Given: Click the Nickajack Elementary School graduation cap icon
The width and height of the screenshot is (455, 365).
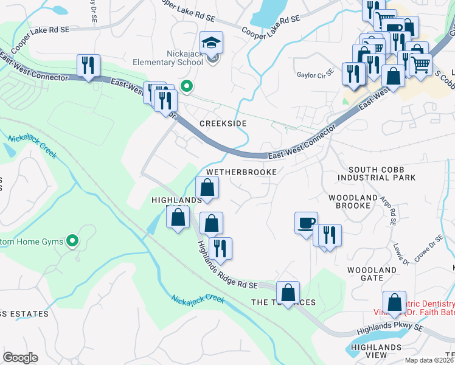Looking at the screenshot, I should (211, 43).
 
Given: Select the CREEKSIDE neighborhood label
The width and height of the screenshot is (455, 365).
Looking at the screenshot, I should (224, 123).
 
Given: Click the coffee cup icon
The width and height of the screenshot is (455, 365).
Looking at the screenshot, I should (306, 223).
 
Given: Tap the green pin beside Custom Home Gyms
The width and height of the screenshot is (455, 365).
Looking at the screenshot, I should (72, 242).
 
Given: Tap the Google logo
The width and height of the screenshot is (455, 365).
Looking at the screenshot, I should (19, 358).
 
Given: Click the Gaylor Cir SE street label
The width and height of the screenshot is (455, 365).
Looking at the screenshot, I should (315, 75).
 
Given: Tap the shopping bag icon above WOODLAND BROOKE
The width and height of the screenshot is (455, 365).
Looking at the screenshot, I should (394, 77).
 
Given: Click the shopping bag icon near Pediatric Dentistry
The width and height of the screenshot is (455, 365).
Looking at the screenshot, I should (394, 302).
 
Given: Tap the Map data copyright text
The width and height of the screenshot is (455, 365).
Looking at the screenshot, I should (420, 360).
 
